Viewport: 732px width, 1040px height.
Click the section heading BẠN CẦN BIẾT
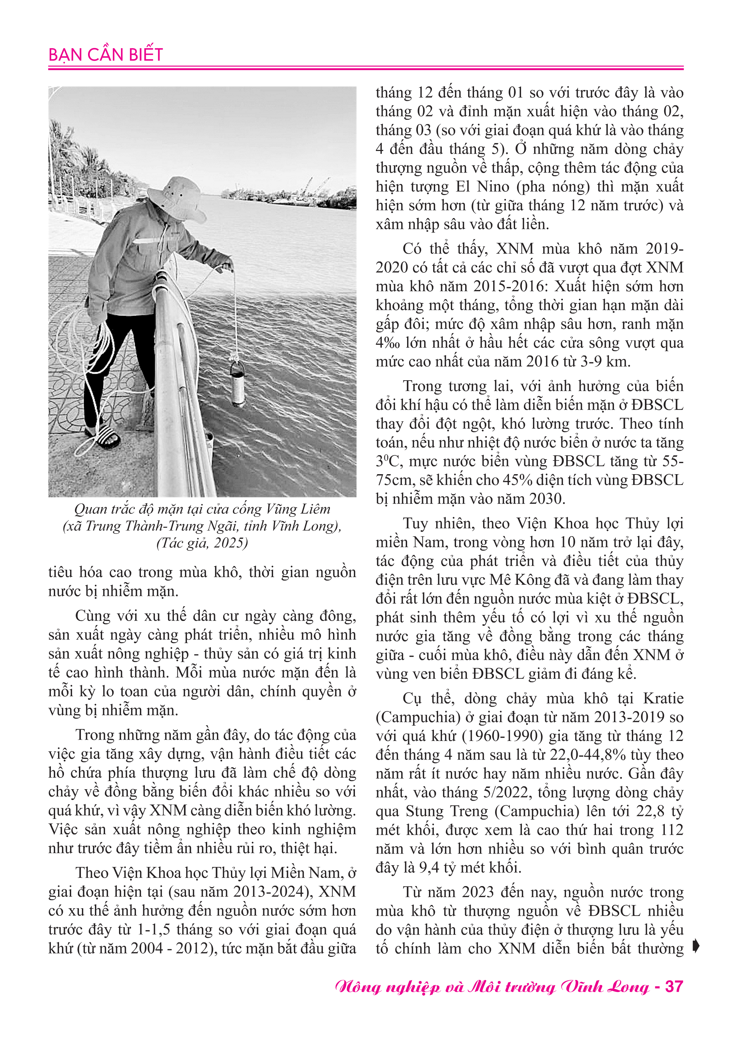[106, 55]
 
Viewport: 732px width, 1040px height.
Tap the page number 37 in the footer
[674, 987]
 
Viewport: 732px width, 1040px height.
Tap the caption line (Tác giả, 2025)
[202, 543]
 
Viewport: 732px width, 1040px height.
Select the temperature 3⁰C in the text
[388, 461]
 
